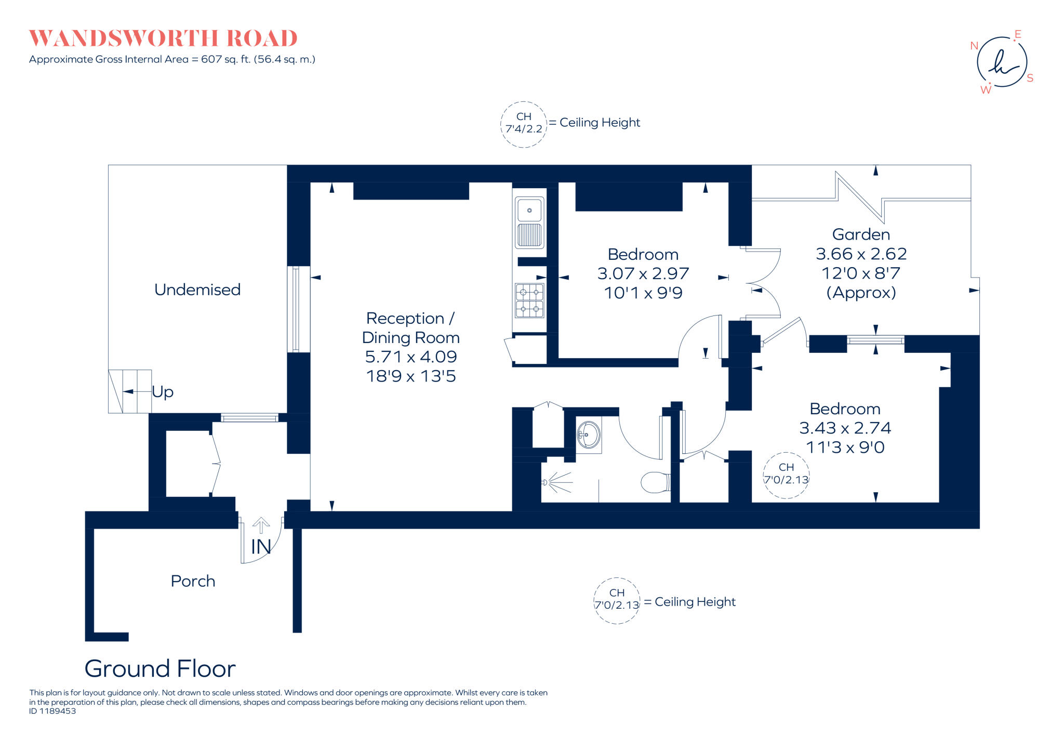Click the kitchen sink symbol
(x=529, y=222)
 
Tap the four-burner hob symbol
(x=529, y=301)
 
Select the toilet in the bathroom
(x=655, y=482)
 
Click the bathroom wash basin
(x=589, y=435)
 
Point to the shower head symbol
(x=546, y=482)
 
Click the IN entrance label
(x=261, y=547)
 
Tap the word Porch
(x=193, y=581)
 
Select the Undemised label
(x=197, y=290)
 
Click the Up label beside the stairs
(x=163, y=391)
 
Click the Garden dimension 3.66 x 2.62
(x=861, y=254)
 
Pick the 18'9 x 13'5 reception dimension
(x=410, y=376)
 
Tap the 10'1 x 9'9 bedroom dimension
(x=643, y=293)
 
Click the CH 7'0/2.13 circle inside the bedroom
(x=786, y=475)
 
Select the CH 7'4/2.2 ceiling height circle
(x=524, y=124)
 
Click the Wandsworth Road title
(x=163, y=38)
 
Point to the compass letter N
(x=974, y=46)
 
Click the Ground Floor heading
(x=160, y=668)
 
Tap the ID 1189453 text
(x=52, y=711)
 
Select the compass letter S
(x=1030, y=78)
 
